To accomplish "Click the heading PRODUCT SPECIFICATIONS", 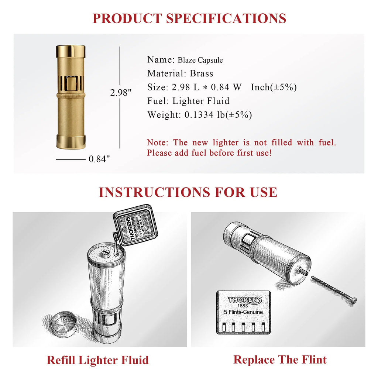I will coord(189,18).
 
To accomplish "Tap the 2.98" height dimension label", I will coord(121,93).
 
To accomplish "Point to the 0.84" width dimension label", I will coord(99,159).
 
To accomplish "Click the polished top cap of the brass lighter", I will coord(71,51).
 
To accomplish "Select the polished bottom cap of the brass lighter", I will coord(71,142).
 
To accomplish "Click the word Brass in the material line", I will coord(202,73).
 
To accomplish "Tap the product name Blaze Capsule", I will coord(200,60).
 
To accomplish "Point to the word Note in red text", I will coord(158,142).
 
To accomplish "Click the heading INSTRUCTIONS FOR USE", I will coord(188,192).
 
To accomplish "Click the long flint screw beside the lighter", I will coord(334,290).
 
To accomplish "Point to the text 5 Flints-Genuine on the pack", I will coord(243,312).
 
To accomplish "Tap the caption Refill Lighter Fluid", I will coord(97,360).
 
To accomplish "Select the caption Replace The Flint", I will coord(280,359).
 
